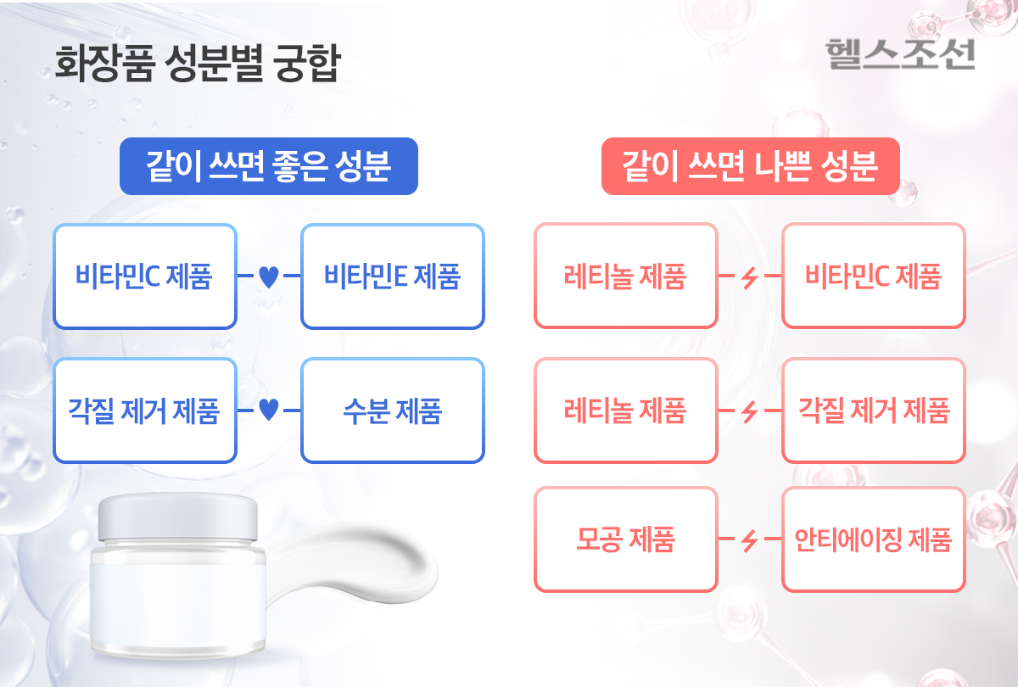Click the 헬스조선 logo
tap(900, 54)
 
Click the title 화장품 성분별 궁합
tap(198, 63)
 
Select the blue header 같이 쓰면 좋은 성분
tap(269, 166)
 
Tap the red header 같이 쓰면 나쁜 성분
tap(750, 166)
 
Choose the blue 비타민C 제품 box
tap(145, 276)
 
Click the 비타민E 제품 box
tap(393, 276)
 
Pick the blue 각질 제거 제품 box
tap(145, 411)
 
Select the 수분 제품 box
tap(393, 411)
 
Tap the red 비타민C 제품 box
tap(874, 276)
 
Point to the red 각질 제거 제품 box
tap(874, 411)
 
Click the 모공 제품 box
tap(626, 539)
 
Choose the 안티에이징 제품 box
tap(874, 539)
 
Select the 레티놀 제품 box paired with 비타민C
tap(626, 276)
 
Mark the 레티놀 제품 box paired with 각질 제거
tap(626, 411)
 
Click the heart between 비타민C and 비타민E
tap(269, 276)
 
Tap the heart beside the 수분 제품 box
tap(269, 410)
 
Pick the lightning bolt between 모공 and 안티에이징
tap(749, 541)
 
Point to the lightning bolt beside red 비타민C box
tap(749, 277)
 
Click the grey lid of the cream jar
tap(178, 518)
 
